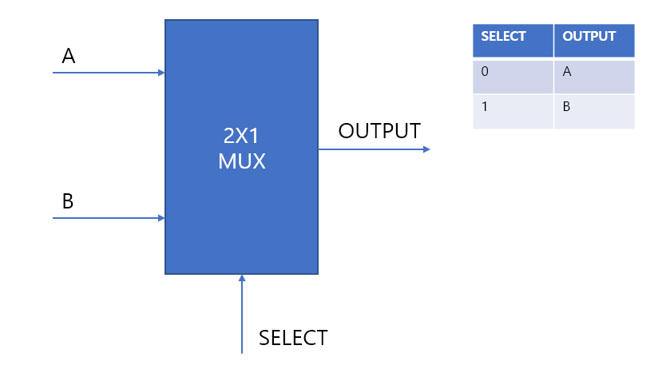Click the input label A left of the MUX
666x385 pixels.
69,57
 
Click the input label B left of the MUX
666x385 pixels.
68,201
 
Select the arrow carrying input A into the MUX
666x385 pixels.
108,73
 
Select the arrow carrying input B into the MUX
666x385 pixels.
108,218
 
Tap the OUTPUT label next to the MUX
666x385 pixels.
379,131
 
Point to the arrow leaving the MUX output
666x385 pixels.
374,149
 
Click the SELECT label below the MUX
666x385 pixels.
293,338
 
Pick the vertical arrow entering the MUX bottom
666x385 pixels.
242,316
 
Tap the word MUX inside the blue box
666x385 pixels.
242,161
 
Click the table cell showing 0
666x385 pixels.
513,77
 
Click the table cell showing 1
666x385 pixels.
513,111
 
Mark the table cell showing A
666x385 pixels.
594,77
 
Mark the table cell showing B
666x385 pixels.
594,111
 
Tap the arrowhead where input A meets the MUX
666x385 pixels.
161,73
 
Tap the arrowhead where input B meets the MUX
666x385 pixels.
161,218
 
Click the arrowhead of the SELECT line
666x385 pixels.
242,278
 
